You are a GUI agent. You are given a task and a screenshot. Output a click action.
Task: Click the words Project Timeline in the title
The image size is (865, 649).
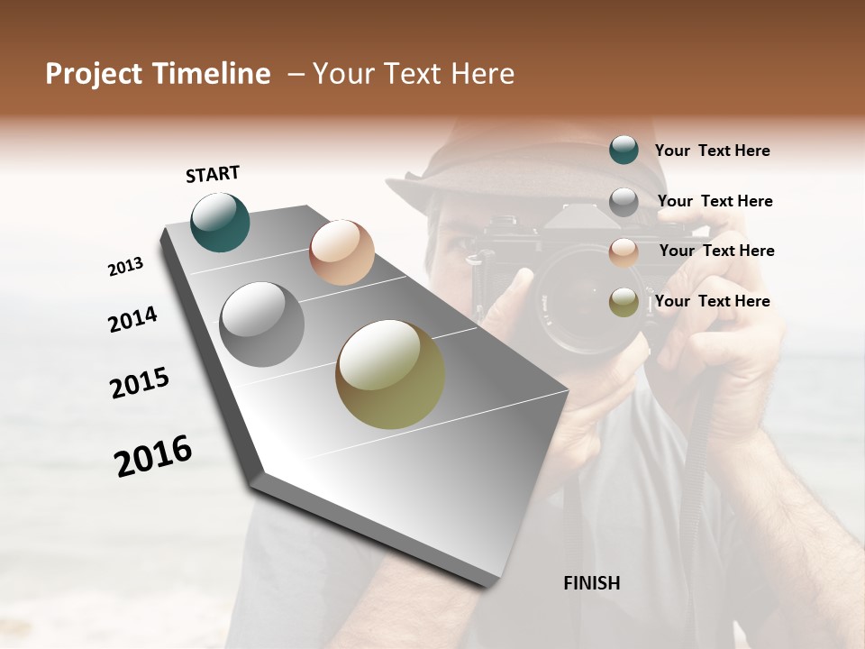pos(158,74)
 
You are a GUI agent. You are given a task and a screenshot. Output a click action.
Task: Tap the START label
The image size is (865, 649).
pos(213,174)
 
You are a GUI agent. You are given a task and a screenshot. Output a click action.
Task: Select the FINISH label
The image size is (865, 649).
pos(591,583)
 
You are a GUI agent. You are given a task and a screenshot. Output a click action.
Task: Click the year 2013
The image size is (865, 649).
pos(126,267)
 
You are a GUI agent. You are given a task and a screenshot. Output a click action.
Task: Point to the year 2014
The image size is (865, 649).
pos(132,319)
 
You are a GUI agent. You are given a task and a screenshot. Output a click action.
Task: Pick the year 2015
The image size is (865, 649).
pos(140,382)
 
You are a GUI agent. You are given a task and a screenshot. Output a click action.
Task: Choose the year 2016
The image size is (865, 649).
pos(153,456)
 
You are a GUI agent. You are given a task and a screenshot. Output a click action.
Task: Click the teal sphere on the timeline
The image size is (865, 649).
pos(220,222)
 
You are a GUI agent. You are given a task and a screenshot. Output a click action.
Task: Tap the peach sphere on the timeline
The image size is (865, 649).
pos(341,252)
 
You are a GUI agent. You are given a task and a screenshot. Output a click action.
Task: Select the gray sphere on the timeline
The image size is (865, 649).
pos(262,324)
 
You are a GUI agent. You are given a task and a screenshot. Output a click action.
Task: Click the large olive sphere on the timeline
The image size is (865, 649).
pos(390,374)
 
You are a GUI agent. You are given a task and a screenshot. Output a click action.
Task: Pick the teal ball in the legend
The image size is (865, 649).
pos(624,150)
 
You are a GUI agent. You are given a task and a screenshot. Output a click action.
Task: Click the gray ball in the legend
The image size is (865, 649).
pos(624,202)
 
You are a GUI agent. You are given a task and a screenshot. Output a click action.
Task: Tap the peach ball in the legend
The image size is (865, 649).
pos(624,252)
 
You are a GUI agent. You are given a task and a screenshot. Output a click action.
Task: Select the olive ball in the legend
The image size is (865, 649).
pos(624,303)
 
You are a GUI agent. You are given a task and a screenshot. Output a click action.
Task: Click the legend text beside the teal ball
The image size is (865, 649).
pos(712,151)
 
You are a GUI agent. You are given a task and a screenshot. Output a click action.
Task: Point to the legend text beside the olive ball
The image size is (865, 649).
pos(712,301)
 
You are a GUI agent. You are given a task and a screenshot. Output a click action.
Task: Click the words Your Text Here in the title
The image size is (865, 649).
pos(413,74)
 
